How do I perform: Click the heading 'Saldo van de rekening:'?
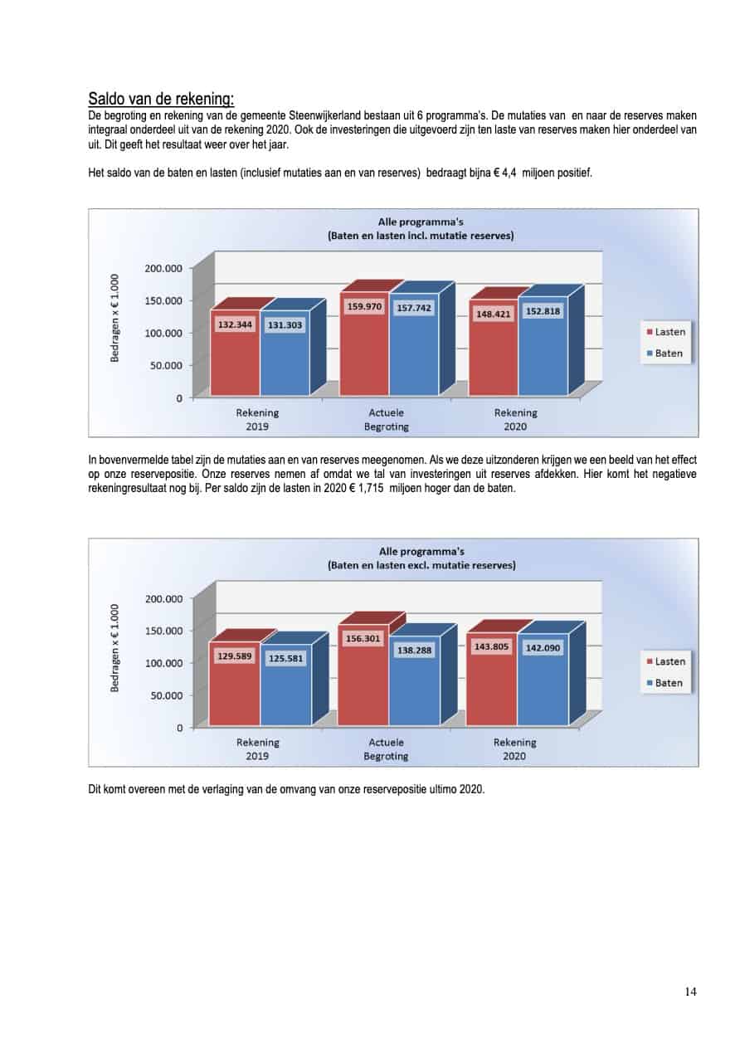(x=161, y=99)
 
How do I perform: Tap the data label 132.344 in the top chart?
(x=236, y=324)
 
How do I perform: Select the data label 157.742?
(x=414, y=308)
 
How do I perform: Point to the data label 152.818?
(x=543, y=311)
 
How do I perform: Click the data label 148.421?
(x=493, y=314)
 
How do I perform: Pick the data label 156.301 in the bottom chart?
(x=363, y=638)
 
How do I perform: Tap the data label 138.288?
(x=414, y=650)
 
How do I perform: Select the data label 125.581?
(x=285, y=658)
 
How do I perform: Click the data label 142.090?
(x=543, y=648)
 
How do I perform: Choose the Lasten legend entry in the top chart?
(x=665, y=332)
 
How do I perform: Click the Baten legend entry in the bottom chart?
(x=665, y=683)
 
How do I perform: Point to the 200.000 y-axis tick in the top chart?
(x=163, y=268)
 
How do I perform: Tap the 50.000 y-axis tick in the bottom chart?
(x=167, y=695)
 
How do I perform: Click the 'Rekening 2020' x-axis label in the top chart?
(x=515, y=420)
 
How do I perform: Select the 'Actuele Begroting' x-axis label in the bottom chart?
(x=386, y=749)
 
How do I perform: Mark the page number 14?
(x=690, y=992)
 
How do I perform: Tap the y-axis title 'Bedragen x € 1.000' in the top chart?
(x=114, y=318)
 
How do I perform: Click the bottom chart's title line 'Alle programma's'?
(x=421, y=552)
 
